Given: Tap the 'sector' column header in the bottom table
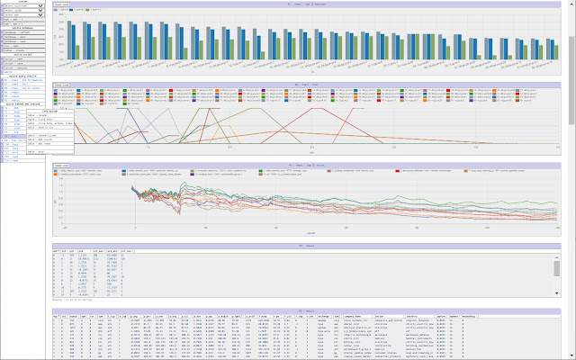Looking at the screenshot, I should [x=379, y=316].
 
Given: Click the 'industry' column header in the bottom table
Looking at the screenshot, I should [x=411, y=316].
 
